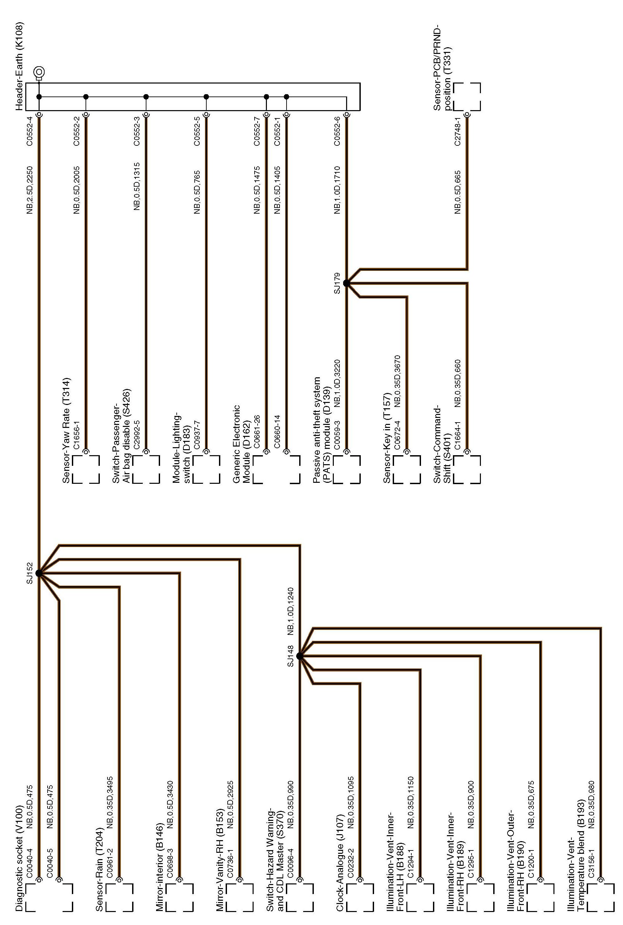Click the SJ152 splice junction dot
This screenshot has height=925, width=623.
(x=39, y=573)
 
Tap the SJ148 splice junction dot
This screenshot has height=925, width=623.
(x=300, y=656)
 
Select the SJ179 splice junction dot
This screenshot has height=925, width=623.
(x=346, y=283)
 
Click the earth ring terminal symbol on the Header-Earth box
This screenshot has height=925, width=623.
(x=39, y=73)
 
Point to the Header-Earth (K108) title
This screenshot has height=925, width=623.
(x=19, y=66)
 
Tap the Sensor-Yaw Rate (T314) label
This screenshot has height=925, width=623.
(x=66, y=430)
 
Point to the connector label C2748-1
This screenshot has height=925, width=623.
(x=458, y=131)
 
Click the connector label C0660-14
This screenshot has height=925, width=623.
(x=277, y=431)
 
